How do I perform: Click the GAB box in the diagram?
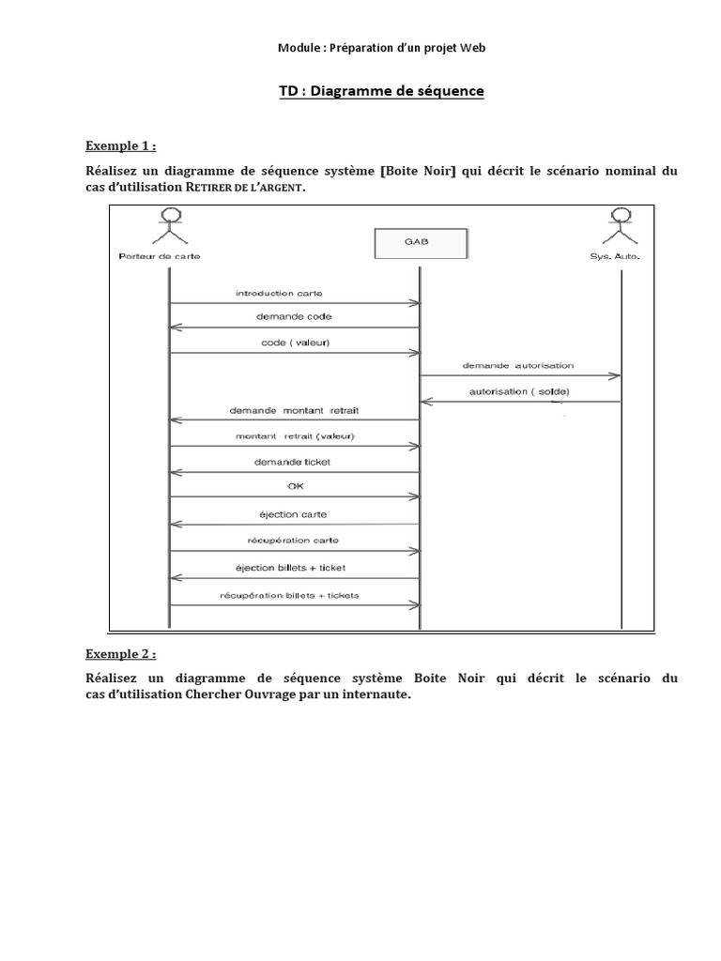[419, 243]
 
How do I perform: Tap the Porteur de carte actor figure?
[169, 228]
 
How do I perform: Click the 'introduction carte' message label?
[279, 294]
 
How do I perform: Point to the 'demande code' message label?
[293, 317]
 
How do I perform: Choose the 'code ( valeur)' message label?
[295, 343]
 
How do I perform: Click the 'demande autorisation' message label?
[518, 365]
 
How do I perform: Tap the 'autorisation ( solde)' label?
[518, 391]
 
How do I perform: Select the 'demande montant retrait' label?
[294, 411]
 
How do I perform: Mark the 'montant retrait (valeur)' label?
[294, 437]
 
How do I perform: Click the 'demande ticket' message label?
[293, 462]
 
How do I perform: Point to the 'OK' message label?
[294, 487]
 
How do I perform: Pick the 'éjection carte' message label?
[293, 514]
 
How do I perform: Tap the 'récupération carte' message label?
[294, 541]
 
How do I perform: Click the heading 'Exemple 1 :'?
[121, 146]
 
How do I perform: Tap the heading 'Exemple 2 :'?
[121, 654]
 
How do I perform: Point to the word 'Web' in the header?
[474, 48]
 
